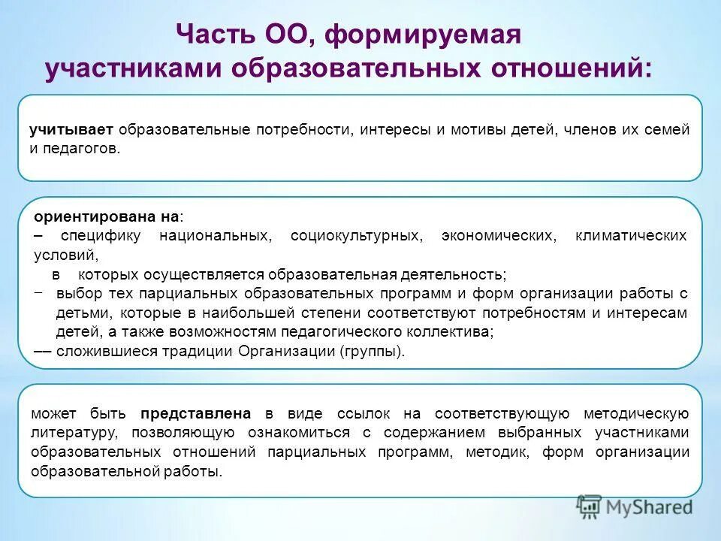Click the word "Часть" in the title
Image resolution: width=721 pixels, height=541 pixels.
(213, 35)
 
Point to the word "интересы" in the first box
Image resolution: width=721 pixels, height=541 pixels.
(392, 129)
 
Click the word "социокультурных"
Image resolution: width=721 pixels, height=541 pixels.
(355, 236)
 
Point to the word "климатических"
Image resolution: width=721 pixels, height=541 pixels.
(631, 236)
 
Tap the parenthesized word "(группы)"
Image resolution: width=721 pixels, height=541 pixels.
(372, 351)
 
